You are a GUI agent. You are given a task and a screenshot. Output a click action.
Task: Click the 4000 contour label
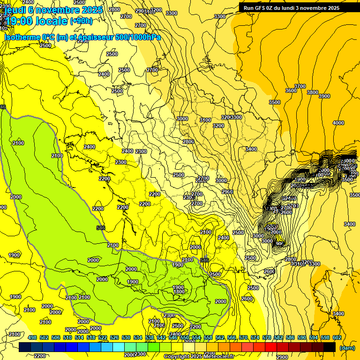(338, 123)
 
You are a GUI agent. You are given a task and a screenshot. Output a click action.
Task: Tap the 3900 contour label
(324, 96)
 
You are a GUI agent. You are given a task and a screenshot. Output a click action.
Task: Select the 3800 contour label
(312, 92)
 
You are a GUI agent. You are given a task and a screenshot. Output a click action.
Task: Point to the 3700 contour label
(300, 87)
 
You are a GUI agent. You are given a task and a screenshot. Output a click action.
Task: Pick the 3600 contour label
(291, 90)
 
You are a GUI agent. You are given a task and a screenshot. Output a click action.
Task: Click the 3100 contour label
(205, 120)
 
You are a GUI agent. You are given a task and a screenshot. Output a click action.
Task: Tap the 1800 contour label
(179, 292)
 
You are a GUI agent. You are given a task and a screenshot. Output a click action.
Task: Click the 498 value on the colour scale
(32, 337)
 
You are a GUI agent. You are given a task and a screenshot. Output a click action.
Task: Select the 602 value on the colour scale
(337, 337)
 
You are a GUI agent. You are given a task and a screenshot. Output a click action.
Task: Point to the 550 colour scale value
(185, 337)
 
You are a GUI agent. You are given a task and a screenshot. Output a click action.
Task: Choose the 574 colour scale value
(255, 337)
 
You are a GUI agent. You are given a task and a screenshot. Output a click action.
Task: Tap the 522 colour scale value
(103, 337)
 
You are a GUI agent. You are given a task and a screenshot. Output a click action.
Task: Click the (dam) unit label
(347, 348)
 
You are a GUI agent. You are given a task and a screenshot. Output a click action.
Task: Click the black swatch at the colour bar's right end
(330, 347)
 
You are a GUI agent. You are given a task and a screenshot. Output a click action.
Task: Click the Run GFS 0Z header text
(292, 8)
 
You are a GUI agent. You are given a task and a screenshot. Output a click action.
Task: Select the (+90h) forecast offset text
(81, 21)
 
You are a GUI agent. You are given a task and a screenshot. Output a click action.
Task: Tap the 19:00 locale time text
(37, 21)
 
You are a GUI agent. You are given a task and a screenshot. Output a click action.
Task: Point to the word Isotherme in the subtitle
(22, 37)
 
